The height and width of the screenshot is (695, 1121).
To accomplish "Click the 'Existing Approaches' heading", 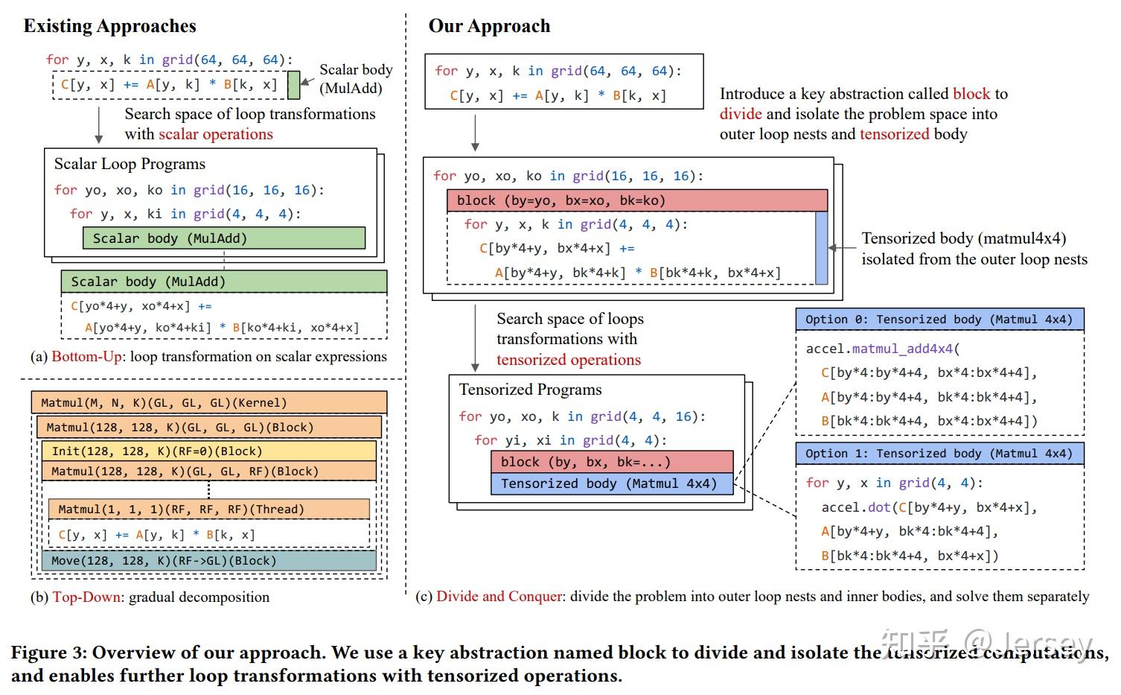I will click(109, 26).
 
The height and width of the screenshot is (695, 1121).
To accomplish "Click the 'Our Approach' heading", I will click(489, 26).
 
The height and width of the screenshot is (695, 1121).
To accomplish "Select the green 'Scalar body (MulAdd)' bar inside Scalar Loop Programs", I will click(223, 238).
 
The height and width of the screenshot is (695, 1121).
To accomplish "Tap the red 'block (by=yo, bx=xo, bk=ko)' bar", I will click(636, 200).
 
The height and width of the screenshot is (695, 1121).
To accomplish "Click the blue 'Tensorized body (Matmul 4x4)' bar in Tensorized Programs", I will click(611, 484).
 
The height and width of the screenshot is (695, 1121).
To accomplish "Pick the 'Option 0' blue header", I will click(939, 320).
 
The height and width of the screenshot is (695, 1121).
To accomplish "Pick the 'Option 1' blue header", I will click(939, 454).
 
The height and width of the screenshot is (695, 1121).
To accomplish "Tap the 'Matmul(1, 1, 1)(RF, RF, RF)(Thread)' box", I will click(208, 510).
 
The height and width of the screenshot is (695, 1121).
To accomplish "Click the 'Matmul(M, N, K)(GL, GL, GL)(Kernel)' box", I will click(208, 403).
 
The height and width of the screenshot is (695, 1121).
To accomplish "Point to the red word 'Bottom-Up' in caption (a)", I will click(86, 357).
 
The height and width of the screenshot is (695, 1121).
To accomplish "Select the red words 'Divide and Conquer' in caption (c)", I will click(499, 597).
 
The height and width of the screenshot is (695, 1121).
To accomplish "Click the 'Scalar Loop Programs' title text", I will click(130, 164).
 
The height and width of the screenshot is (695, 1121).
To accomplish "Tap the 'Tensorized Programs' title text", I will click(530, 390).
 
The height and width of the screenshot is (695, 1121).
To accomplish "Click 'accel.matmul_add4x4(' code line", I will click(884, 349).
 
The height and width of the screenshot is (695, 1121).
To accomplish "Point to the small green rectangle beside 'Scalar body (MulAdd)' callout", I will click(293, 85).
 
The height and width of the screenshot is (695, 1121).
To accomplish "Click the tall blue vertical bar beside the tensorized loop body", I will click(821, 248).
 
